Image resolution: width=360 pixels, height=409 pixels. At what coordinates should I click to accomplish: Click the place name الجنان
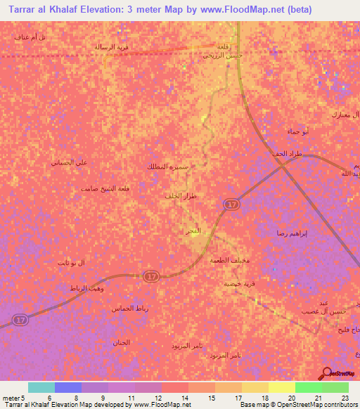[121, 342]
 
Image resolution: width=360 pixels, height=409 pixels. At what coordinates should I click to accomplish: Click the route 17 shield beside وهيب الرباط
[150, 278]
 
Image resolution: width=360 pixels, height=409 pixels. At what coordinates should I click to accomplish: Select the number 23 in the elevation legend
[345, 397]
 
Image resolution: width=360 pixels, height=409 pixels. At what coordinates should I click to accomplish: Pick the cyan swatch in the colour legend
[41, 387]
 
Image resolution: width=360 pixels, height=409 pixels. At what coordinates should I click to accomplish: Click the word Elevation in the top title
[98, 10]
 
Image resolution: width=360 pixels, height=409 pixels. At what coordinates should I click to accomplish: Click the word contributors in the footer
[340, 405]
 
